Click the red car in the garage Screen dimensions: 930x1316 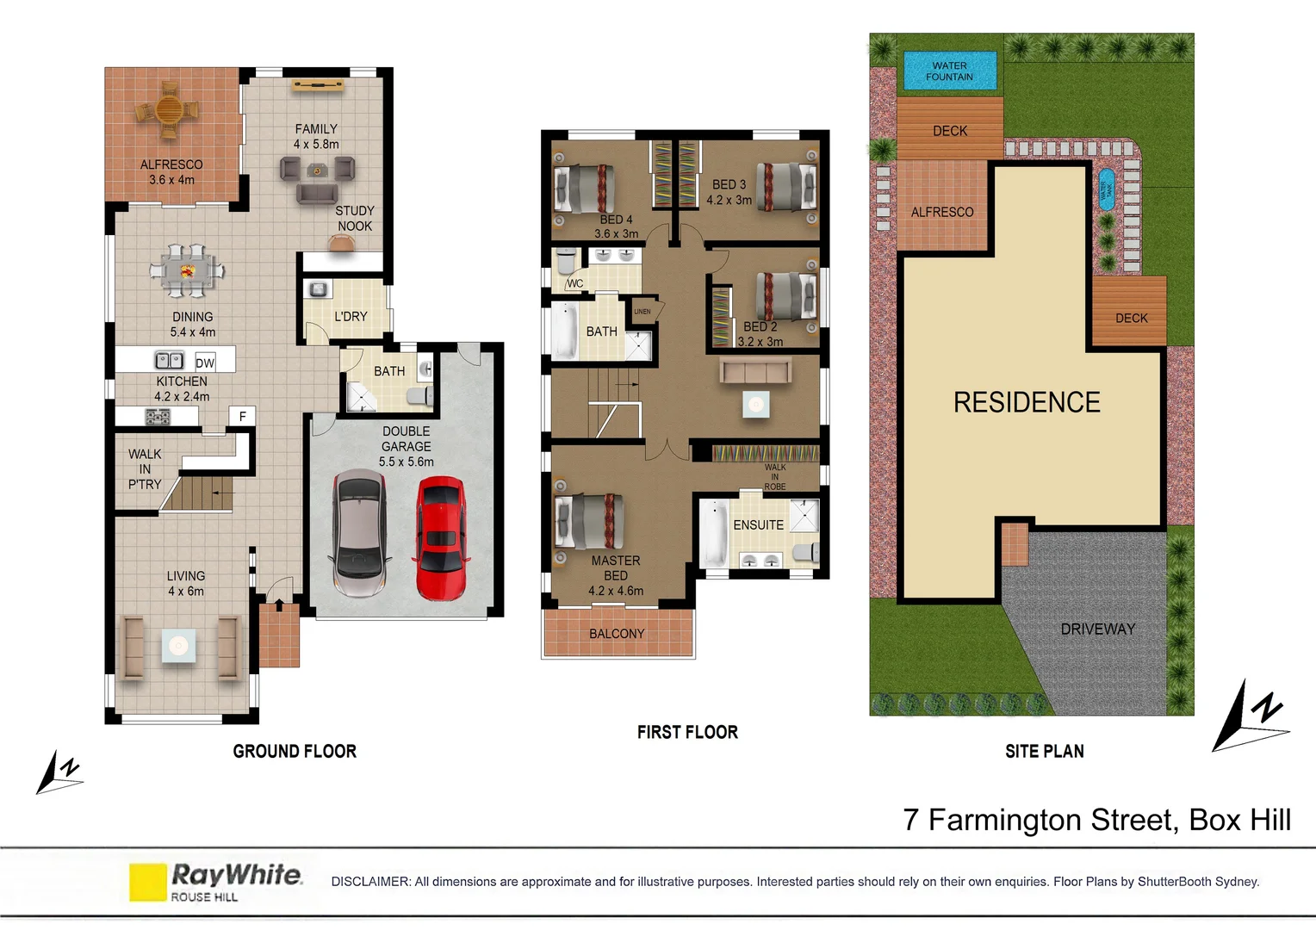coord(441,538)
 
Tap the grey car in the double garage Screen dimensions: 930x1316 coord(359,532)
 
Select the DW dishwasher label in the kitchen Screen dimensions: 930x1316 coord(205,363)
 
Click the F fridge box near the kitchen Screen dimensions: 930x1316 coord(242,416)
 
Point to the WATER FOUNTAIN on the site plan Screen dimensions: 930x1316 coord(949,71)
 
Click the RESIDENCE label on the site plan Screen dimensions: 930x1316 coord(1027,402)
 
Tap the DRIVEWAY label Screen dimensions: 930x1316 coord(1097,629)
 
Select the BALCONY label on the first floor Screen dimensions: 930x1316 coord(617,634)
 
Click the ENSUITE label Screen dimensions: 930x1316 coord(758,524)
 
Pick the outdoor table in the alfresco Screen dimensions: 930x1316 coord(169,111)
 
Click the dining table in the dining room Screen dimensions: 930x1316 coord(188,270)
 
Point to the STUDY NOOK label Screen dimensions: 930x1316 coord(355,218)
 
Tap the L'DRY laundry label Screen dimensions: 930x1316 coord(351,316)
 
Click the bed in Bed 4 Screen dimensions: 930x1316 coord(585,188)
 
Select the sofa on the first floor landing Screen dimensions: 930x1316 coord(755,371)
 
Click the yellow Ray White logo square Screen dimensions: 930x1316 coord(147,882)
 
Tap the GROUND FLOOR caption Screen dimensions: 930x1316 coord(295,751)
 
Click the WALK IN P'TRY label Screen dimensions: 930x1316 coord(145,469)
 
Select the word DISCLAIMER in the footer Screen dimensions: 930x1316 coord(370,882)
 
